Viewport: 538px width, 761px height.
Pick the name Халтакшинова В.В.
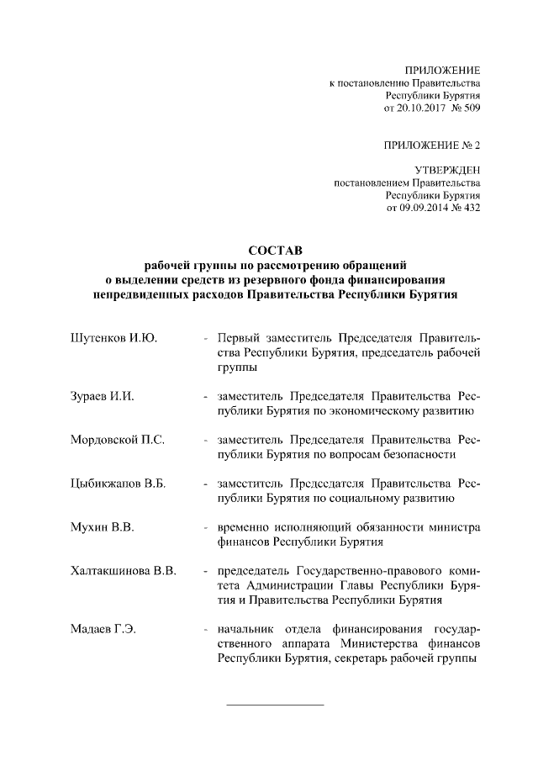[x=123, y=572]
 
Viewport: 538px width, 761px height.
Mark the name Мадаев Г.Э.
[x=103, y=630]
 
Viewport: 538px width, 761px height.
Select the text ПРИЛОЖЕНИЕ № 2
[x=431, y=145]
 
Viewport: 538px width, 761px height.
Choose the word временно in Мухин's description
[x=244, y=527]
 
